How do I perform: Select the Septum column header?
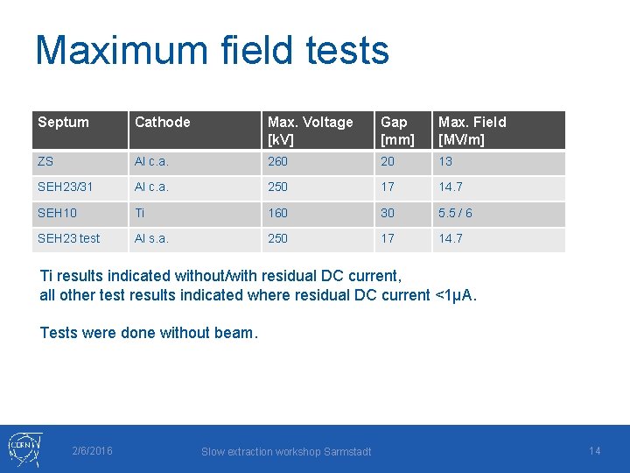point(63,123)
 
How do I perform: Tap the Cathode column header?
point(162,123)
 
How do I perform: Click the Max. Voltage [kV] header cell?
point(310,131)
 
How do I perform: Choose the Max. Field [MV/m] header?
point(472,131)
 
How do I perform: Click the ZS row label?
point(46,162)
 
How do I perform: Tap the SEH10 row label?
point(57,213)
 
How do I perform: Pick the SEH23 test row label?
point(68,238)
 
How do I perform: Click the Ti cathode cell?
point(140,213)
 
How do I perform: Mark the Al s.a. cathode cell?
point(151,238)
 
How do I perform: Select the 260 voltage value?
point(278,162)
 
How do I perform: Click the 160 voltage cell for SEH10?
point(278,213)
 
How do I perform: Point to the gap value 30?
point(388,213)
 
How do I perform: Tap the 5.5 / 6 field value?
point(455,213)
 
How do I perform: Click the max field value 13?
point(445,162)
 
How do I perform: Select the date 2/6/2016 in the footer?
point(92,451)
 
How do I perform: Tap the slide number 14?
point(595,451)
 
